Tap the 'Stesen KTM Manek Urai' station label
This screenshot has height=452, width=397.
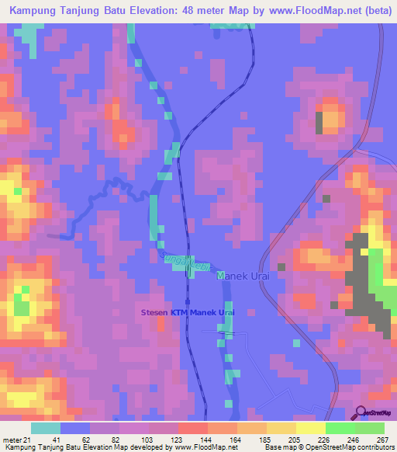pyautogui.click(x=187, y=312)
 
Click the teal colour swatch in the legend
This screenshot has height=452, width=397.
pyautogui.click(x=46, y=429)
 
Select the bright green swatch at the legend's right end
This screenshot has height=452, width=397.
pyautogui.click(x=370, y=429)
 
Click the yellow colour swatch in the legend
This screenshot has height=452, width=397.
pyautogui.click(x=281, y=429)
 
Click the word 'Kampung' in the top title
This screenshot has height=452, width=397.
pyautogui.click(x=31, y=12)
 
